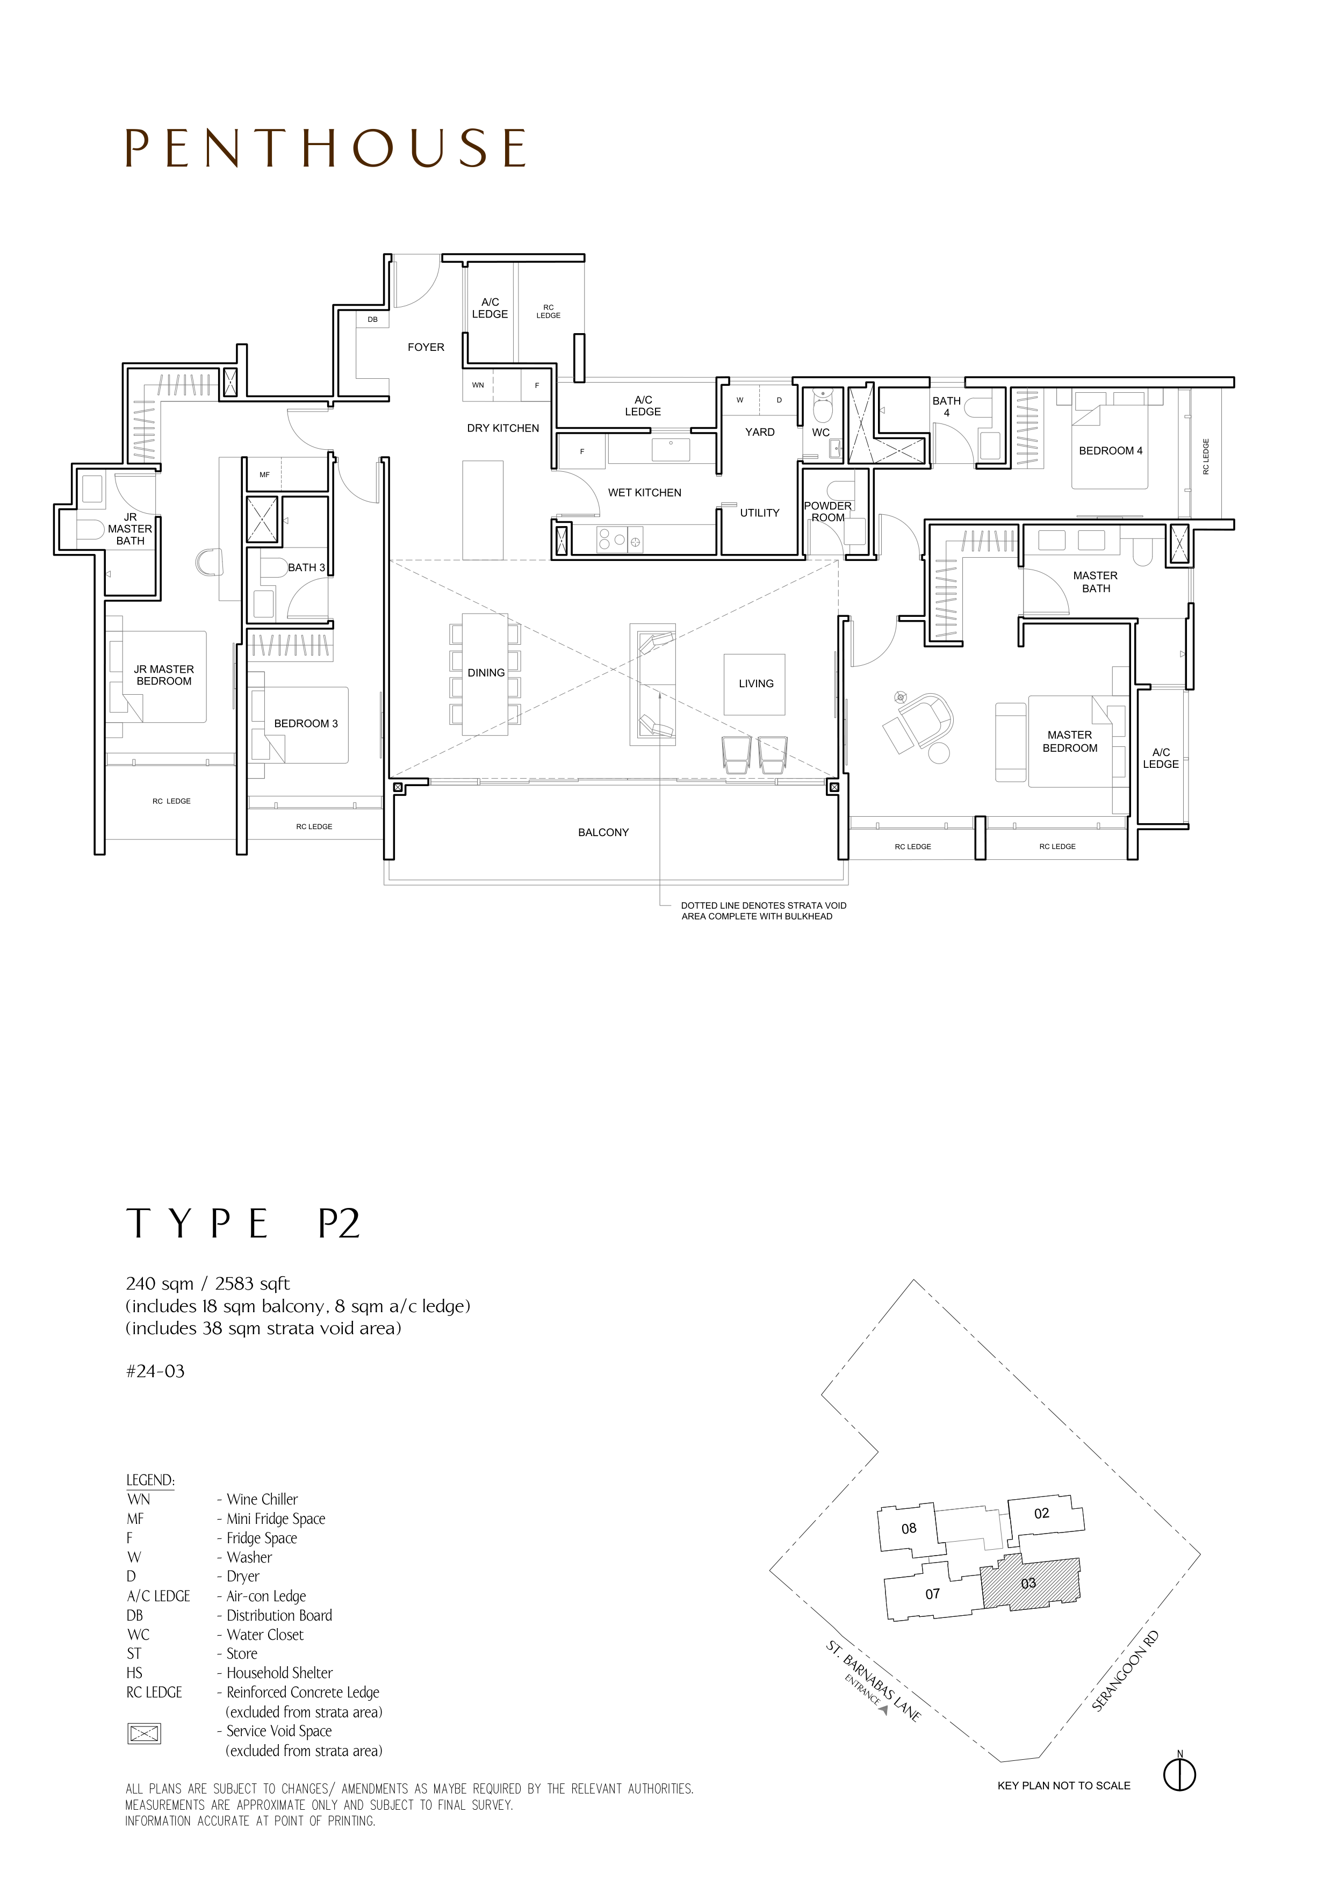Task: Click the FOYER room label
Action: tap(426, 347)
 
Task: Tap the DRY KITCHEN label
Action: tap(503, 428)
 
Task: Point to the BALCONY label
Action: tap(603, 832)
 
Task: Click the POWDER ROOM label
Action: tap(827, 512)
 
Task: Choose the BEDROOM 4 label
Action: tap(1111, 451)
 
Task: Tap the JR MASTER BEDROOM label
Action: tap(164, 675)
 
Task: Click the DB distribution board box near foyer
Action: tap(372, 319)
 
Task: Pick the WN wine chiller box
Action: tap(478, 385)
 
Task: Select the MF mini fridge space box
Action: tap(264, 474)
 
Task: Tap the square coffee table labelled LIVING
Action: tap(755, 684)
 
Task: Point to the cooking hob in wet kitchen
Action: tap(620, 539)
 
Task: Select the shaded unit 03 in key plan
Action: tap(1030, 1583)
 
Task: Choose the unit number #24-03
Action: tap(155, 1371)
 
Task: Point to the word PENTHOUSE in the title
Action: tap(326, 149)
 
